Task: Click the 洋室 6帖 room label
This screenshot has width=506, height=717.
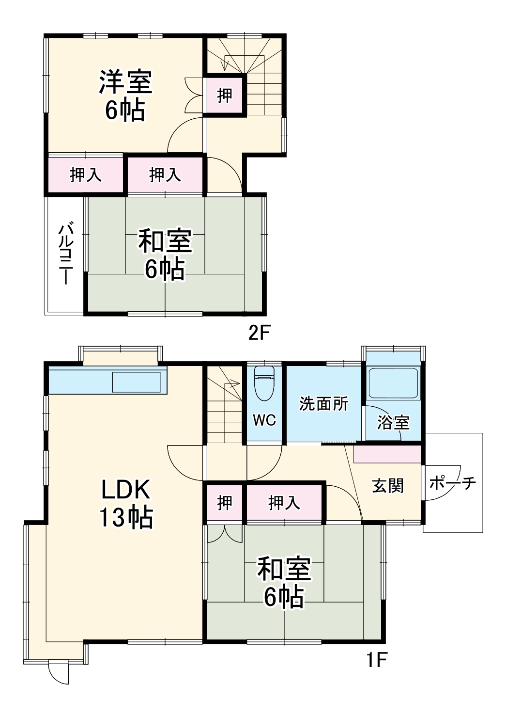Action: (125, 96)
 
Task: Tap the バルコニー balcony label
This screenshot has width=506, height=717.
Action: (66, 253)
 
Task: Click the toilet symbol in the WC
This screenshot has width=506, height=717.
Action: (264, 382)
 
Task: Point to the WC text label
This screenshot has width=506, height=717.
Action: (264, 420)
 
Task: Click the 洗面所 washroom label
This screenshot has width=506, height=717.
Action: (323, 403)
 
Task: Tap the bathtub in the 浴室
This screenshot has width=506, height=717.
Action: (393, 383)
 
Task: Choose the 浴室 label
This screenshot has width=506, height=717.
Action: (393, 422)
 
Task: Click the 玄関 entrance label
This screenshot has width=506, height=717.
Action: (388, 485)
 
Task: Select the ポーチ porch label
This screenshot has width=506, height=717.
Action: (453, 483)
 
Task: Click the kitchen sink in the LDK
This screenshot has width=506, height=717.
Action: (136, 382)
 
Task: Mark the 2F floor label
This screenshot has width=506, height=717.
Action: (258, 333)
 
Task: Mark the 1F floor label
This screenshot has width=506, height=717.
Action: (375, 660)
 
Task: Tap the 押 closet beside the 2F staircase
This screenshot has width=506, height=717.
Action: (224, 96)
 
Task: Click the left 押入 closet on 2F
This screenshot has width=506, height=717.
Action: (86, 175)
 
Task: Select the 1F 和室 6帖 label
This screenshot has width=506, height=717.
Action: (284, 583)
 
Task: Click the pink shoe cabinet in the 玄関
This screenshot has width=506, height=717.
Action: (387, 454)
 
